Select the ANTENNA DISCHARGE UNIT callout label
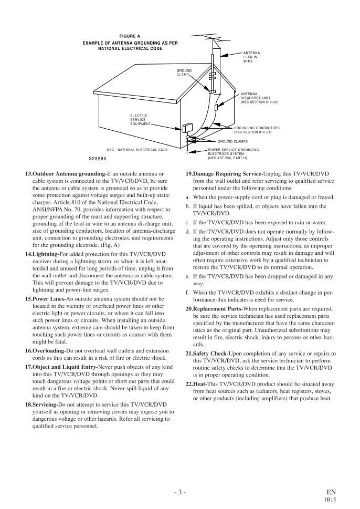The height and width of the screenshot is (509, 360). pos(259,98)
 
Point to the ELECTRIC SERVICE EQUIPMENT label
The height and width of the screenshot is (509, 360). pos(140,120)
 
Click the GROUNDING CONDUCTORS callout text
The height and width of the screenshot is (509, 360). pos(257,130)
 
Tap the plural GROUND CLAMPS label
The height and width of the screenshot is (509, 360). pos(232,141)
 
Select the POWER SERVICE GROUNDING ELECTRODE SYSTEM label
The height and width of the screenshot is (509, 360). pos(234,153)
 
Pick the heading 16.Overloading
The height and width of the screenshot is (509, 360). pos(46,350)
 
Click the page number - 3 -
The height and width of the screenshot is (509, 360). pos(179,492)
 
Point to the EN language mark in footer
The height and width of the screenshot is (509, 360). pos(331,492)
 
